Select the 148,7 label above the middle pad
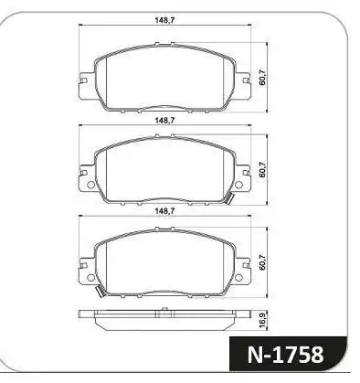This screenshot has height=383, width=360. (x=165, y=119)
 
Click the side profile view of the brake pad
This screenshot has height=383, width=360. (x=165, y=319)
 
